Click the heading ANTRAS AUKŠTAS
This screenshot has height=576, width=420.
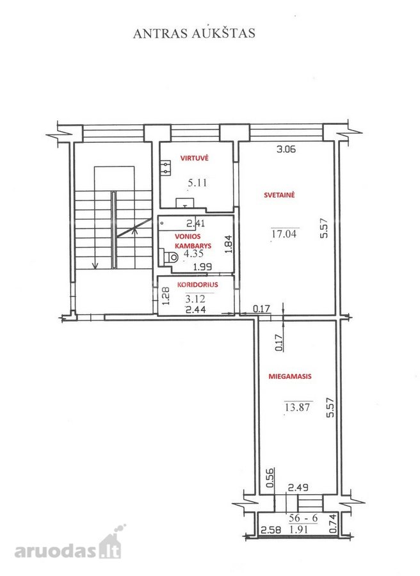[x=194, y=33]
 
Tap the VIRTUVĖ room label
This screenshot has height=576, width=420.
[x=195, y=158]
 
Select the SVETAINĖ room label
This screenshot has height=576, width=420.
[x=279, y=195]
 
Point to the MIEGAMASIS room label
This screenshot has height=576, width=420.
[x=290, y=376]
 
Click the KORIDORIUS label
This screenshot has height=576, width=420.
[x=197, y=285]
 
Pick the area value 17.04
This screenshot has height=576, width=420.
[x=284, y=234]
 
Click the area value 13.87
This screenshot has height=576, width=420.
[x=297, y=407]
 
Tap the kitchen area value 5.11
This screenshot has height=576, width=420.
[x=197, y=182]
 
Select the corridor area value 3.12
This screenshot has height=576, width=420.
[x=195, y=299]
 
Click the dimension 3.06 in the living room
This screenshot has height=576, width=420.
[x=286, y=149]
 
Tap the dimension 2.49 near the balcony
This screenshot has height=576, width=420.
[x=298, y=488]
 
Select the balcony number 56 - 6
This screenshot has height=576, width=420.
[x=303, y=518]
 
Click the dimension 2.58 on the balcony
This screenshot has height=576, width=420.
[x=271, y=530]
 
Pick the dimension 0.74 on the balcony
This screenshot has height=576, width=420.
[x=333, y=524]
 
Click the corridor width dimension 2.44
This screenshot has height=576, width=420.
[x=195, y=309]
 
